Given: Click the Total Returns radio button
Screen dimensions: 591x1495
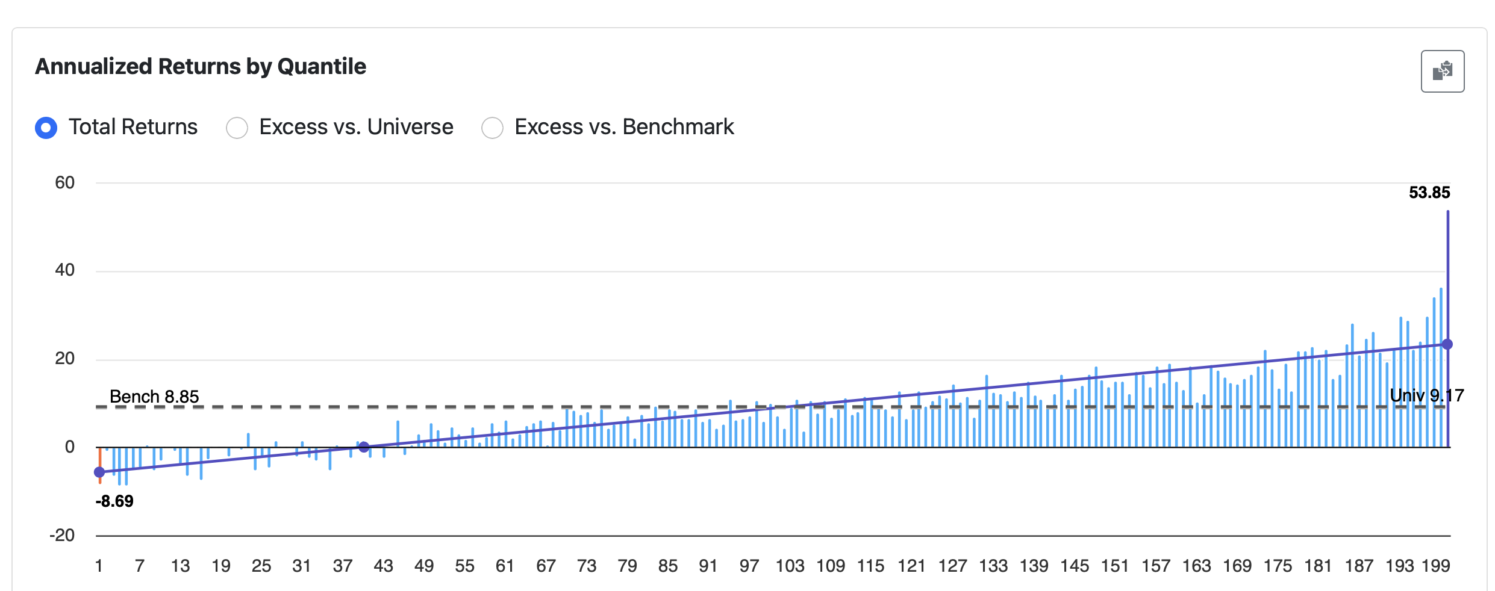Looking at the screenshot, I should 46,128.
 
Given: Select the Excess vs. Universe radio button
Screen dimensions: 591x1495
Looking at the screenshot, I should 237,128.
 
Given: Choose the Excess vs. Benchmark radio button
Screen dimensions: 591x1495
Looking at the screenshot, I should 492,128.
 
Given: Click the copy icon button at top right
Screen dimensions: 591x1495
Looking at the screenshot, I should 1442,71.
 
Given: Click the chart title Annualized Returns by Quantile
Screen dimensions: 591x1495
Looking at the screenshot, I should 201,66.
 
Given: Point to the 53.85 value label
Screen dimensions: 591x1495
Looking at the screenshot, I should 1429,193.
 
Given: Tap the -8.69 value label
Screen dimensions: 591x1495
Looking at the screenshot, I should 114,501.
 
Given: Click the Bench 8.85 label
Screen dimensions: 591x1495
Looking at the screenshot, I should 154,397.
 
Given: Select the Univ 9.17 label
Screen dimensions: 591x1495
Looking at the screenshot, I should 1426,395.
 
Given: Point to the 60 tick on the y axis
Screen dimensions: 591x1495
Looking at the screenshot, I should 64,183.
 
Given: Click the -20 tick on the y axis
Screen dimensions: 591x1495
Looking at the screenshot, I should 62,535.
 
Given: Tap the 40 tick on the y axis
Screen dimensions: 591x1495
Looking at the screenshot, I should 64,270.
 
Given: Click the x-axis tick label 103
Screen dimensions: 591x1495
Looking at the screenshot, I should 790,566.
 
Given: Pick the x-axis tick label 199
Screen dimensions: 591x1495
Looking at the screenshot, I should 1435,566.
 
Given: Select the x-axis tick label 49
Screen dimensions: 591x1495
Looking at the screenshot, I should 424,566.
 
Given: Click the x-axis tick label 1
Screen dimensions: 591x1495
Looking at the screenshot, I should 99,566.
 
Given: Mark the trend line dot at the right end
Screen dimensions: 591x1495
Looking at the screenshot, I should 1447,344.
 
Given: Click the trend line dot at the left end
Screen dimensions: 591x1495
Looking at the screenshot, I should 99,472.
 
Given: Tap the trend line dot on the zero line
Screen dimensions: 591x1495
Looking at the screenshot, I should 364,447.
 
